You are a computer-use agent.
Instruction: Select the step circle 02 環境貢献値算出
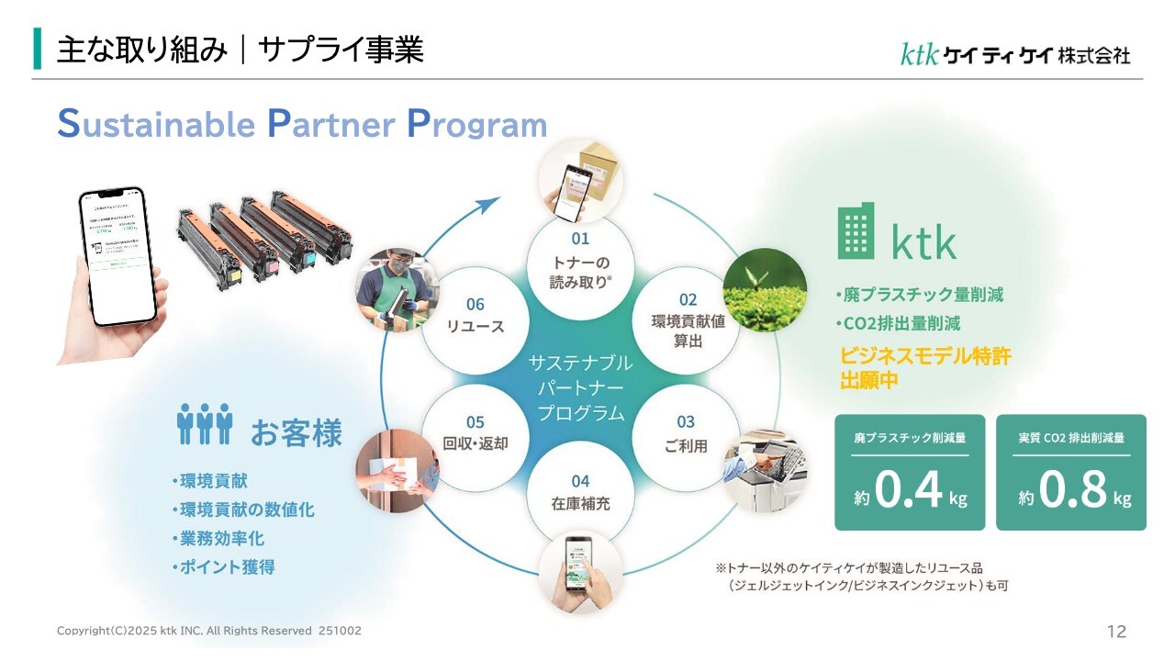[688, 320]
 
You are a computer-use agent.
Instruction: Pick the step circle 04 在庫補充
[580, 492]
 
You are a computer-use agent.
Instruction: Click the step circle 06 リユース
[475, 315]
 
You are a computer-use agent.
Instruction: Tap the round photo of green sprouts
[765, 289]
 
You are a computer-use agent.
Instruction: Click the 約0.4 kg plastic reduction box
[909, 472]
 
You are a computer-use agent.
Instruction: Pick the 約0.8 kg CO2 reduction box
[1070, 472]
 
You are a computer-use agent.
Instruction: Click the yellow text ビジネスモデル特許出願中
[924, 368]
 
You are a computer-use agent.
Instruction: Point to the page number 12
[1116, 632]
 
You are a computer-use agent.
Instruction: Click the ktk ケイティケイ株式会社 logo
[1014, 55]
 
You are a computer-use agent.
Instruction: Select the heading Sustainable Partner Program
[302, 125]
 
